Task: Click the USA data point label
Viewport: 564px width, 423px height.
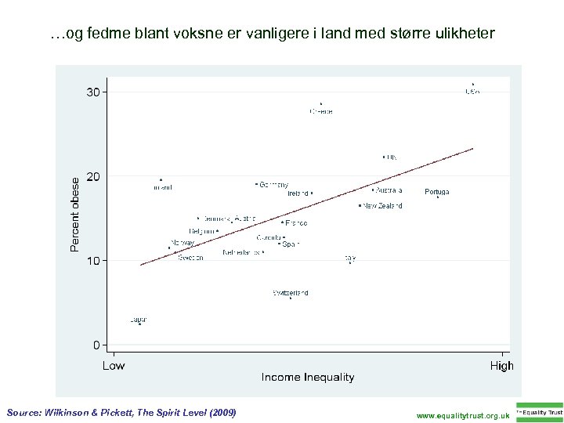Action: tap(472, 92)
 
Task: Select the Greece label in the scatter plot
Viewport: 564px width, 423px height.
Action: tap(321, 112)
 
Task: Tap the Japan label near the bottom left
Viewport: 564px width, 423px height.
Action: tap(139, 320)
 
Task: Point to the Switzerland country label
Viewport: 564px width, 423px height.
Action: tap(291, 293)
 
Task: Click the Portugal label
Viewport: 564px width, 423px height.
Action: tap(437, 192)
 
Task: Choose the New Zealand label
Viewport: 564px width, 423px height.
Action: tap(382, 206)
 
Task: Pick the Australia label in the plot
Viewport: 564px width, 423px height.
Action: tap(389, 190)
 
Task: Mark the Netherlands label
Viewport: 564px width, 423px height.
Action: tap(241, 253)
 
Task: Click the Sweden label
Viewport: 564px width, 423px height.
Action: tap(190, 258)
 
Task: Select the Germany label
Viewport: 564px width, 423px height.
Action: tap(273, 185)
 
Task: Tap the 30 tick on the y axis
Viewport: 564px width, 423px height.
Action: tap(93, 92)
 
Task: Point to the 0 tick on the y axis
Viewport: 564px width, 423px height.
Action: tap(97, 345)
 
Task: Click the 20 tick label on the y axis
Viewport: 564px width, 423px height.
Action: tap(93, 176)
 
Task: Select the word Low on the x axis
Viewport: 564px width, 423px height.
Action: tap(114, 366)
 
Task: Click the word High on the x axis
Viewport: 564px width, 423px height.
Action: tap(501, 366)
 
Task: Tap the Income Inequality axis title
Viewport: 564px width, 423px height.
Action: tap(308, 378)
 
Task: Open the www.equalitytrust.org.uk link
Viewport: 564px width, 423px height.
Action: tap(463, 415)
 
